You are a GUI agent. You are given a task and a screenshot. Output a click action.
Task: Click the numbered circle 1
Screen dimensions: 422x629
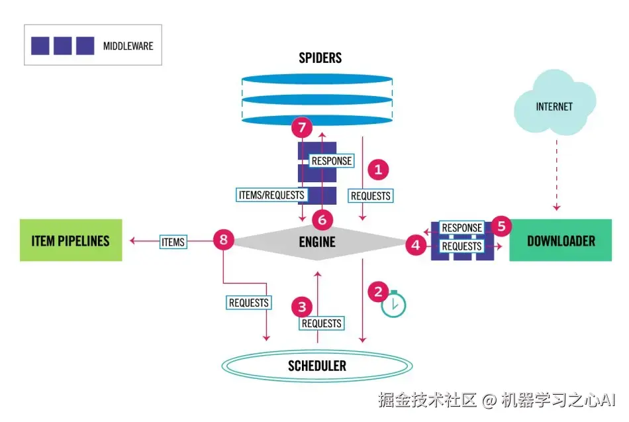click(x=378, y=170)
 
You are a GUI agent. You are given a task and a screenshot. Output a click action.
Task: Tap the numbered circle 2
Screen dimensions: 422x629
click(x=378, y=290)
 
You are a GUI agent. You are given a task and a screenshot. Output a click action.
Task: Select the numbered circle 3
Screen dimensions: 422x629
click(x=302, y=307)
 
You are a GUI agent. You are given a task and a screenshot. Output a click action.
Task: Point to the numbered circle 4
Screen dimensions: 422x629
click(x=416, y=245)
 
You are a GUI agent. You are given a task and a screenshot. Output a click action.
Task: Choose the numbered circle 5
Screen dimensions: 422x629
click(x=501, y=227)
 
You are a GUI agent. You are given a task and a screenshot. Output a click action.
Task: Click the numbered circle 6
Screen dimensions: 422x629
click(x=322, y=218)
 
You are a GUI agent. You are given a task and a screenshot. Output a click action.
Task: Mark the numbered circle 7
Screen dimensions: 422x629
click(x=302, y=128)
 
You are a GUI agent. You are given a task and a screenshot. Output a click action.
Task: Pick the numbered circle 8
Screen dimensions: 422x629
click(x=223, y=240)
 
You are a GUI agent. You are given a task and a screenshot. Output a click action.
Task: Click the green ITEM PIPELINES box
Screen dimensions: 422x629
click(x=71, y=240)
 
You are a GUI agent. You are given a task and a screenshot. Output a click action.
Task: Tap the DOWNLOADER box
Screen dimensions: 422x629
click(x=560, y=241)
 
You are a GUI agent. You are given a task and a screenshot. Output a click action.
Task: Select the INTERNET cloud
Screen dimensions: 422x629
click(x=554, y=106)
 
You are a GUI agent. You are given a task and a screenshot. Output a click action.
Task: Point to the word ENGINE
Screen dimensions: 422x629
click(x=317, y=242)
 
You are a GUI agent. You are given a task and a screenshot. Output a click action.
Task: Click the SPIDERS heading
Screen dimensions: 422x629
click(x=320, y=58)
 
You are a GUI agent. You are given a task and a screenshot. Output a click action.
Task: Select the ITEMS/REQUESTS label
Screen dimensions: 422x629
click(x=271, y=195)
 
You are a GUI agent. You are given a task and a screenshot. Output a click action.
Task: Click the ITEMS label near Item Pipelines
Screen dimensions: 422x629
click(x=173, y=242)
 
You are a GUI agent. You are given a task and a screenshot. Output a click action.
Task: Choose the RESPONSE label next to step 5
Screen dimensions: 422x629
click(x=461, y=228)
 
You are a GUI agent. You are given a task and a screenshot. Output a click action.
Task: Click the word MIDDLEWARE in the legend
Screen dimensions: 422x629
click(x=128, y=46)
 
